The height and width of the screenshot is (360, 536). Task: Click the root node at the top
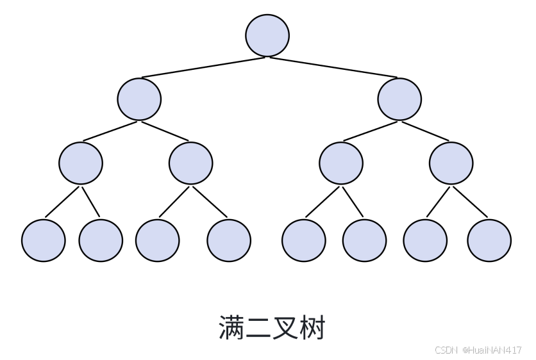tap(267, 35)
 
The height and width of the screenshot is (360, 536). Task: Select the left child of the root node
tap(139, 99)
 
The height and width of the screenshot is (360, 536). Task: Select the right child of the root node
tap(399, 99)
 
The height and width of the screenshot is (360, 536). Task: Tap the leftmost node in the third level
tap(81, 163)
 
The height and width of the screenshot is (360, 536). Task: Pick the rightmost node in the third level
tap(451, 163)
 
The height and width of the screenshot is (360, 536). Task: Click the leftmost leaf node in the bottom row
tap(44, 240)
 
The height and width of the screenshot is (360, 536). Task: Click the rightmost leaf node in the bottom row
tap(489, 240)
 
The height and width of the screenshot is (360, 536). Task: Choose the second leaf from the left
tap(101, 240)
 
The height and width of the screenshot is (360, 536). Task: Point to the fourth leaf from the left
tap(229, 240)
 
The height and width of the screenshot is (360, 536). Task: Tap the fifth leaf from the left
tap(304, 240)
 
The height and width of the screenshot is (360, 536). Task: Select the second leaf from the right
tap(425, 240)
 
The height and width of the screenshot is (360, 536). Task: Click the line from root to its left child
tap(203, 67)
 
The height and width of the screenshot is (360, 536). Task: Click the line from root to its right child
tap(333, 67)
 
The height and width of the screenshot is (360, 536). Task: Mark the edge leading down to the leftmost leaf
tap(62, 202)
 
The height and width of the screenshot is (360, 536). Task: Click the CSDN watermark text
tap(446, 350)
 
